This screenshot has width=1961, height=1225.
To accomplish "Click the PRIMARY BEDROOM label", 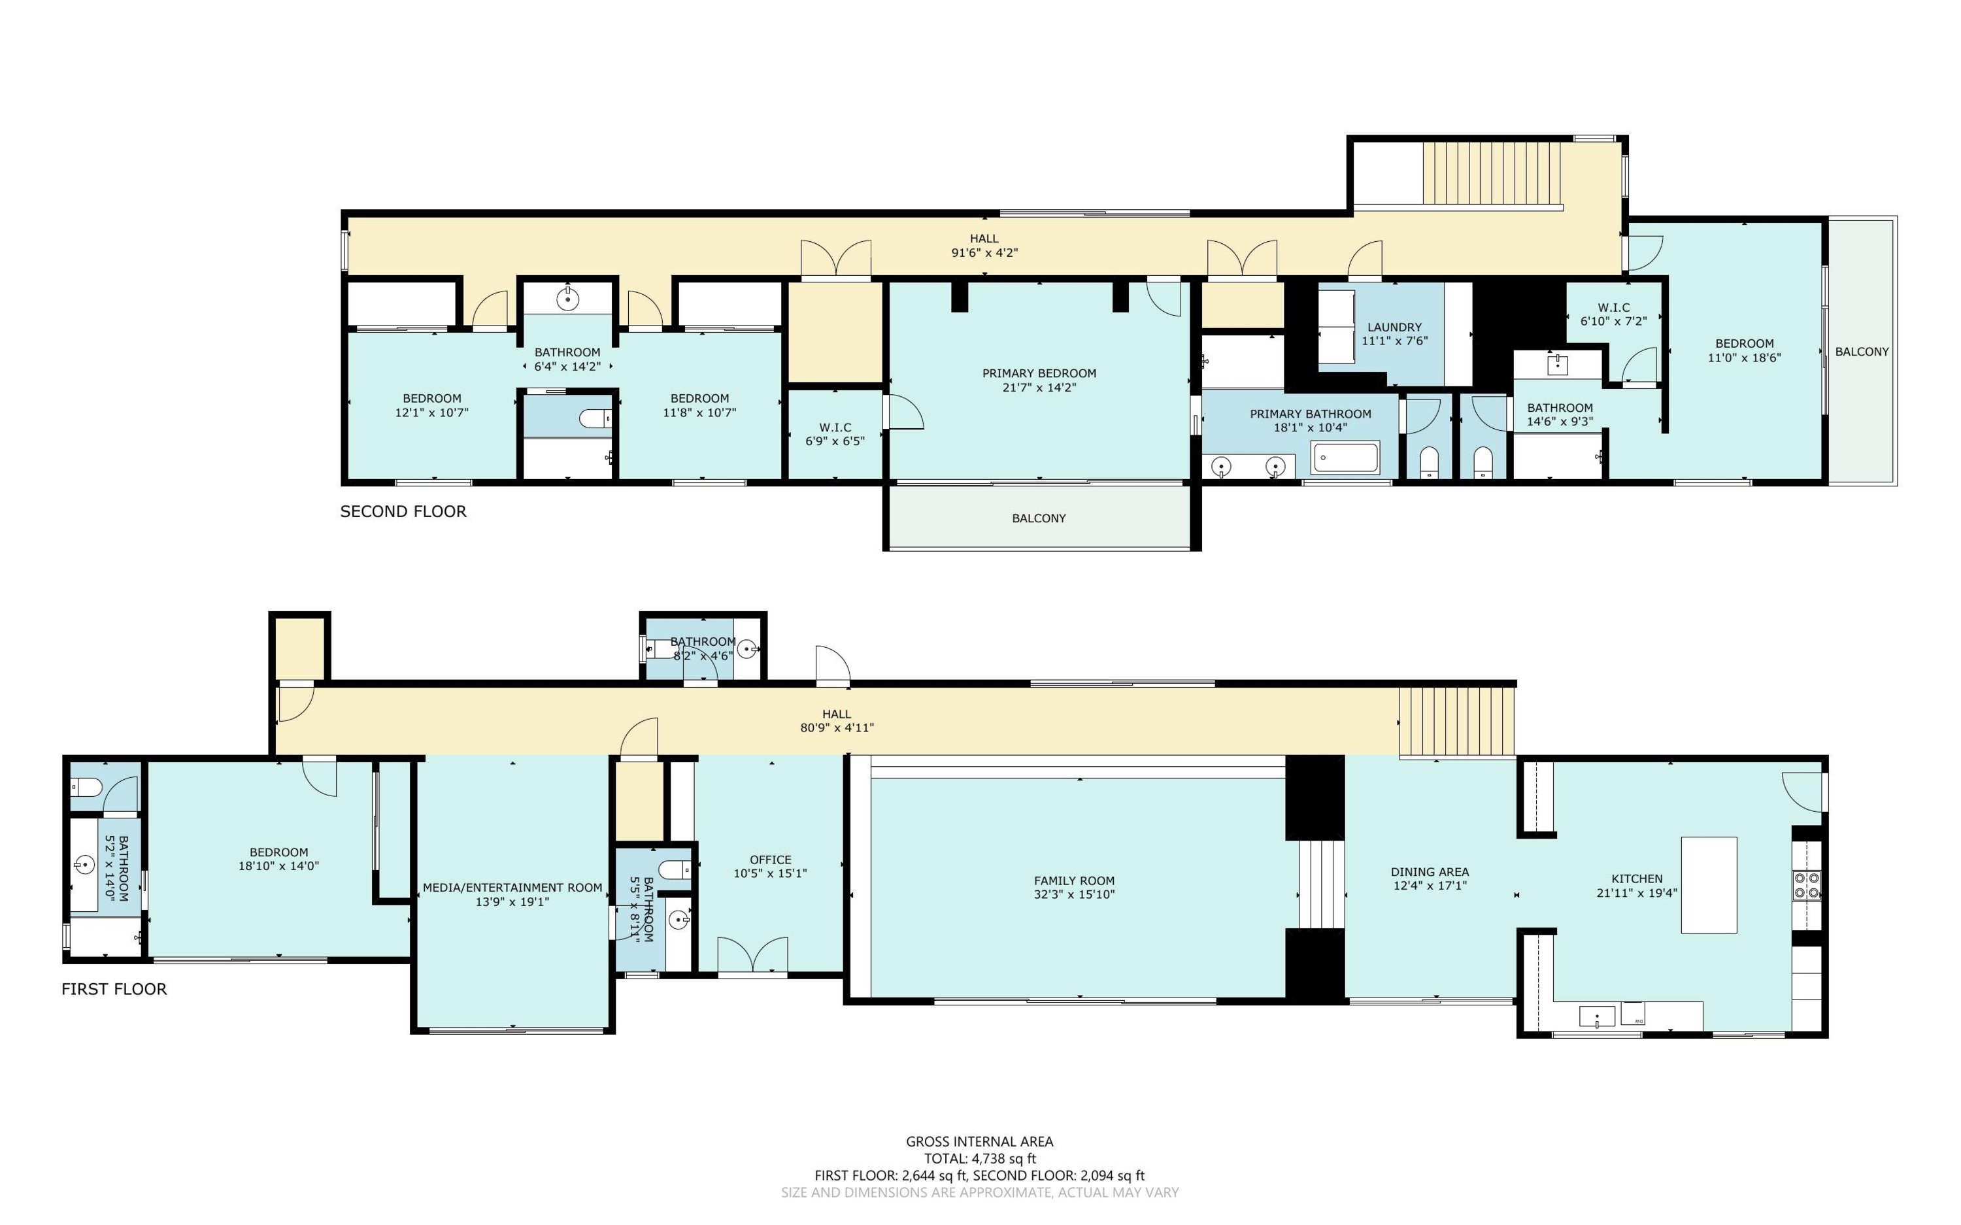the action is point(1039,373).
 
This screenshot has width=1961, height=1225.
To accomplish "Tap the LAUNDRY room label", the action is point(1394,327).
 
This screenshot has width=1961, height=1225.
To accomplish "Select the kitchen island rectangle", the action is point(1709,884).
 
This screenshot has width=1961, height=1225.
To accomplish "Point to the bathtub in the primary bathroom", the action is point(1345,458).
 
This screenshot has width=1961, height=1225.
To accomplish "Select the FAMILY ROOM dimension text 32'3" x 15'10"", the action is point(1074,894).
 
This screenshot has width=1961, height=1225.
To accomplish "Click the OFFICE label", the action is point(770,860).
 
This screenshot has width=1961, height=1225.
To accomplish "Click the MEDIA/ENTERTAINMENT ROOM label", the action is point(512,888).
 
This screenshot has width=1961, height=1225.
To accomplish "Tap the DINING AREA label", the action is point(1430,872).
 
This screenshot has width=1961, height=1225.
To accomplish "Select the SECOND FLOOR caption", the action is point(403,511).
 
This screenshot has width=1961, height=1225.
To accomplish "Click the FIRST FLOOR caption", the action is point(114,988).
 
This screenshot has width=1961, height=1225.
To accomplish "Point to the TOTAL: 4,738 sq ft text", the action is point(980,1158).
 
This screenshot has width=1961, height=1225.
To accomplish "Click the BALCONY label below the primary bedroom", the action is point(1039,518).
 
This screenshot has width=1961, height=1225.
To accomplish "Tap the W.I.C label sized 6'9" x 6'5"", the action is point(835,428).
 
